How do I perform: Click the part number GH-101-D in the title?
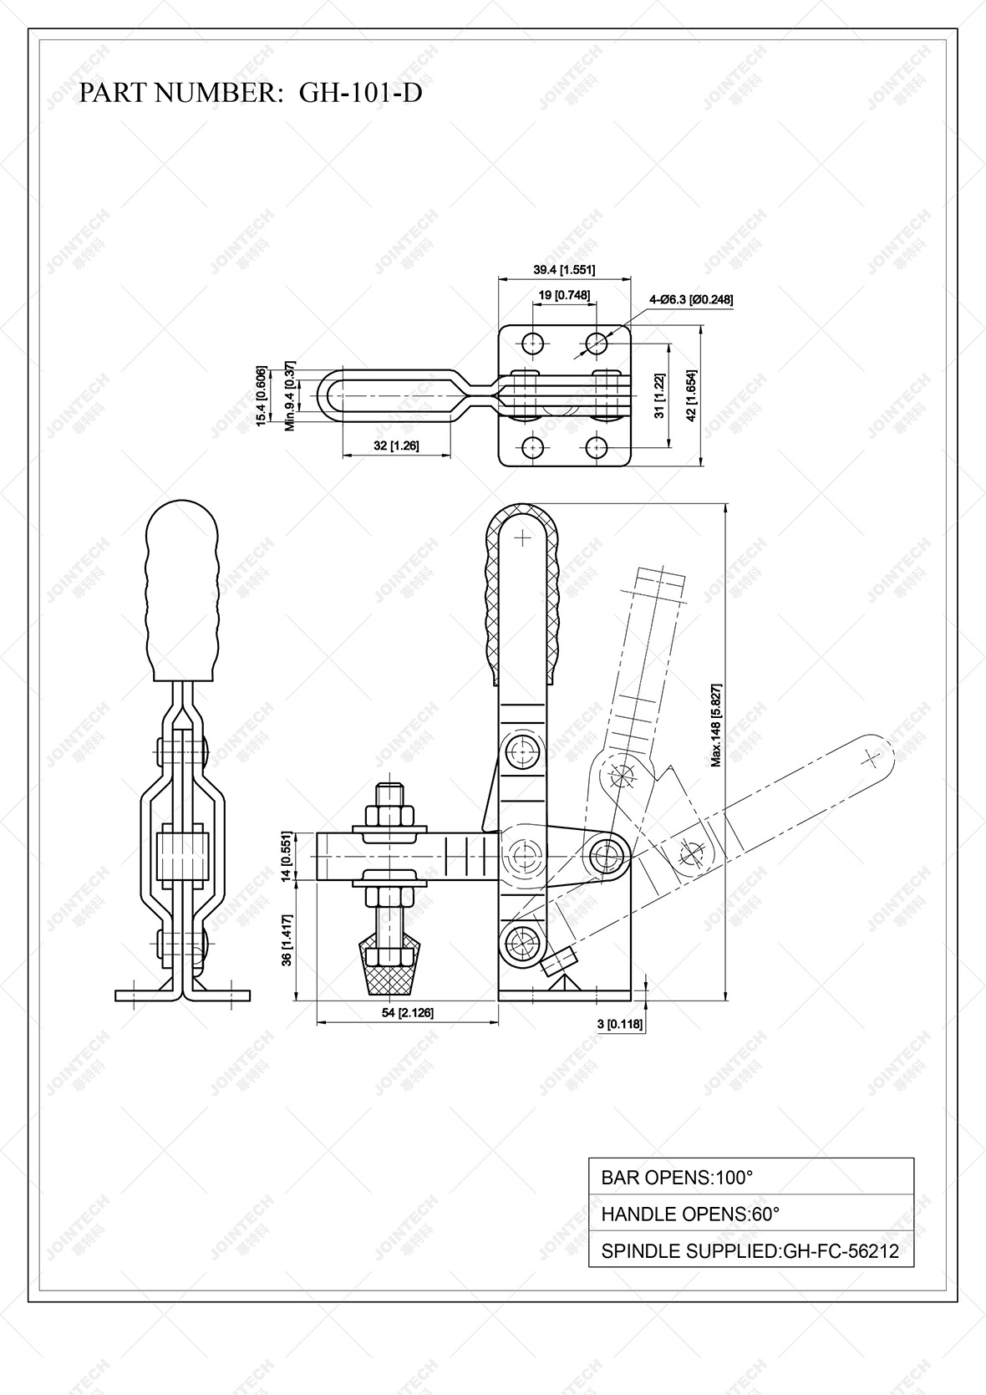(360, 93)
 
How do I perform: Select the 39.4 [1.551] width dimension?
(564, 269)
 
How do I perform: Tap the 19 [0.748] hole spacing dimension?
(564, 295)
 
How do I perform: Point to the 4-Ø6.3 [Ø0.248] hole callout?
(691, 299)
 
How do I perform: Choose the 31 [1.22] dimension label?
(660, 395)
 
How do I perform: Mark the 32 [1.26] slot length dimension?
(396, 446)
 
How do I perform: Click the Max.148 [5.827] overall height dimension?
(716, 725)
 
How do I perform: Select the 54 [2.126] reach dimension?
(407, 1013)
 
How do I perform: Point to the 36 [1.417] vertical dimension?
(286, 939)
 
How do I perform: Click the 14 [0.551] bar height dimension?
(286, 856)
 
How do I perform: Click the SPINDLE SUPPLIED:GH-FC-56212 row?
(750, 1251)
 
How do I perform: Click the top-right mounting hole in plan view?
(597, 342)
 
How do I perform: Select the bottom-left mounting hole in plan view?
(532, 445)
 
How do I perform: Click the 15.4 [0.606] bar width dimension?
(262, 396)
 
